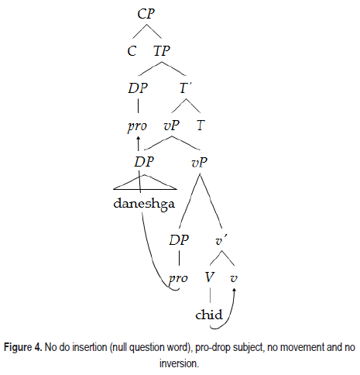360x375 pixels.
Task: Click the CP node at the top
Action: coord(146,13)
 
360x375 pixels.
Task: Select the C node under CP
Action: coord(132,51)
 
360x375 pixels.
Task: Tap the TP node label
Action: coord(162,50)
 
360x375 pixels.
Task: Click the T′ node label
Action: coord(185,88)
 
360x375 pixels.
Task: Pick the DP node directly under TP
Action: coord(138,88)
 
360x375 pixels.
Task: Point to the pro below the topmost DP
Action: coord(137,126)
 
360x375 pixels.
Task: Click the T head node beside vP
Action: coord(201,126)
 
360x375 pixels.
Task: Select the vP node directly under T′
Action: coord(171,126)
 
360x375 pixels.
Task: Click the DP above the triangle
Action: coord(144,162)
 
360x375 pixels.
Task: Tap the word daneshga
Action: coord(144,204)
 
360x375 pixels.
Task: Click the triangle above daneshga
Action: coord(145,182)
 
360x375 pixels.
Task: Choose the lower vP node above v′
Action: coord(200,162)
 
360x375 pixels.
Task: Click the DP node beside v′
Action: coord(179,240)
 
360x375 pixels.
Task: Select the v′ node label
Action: coord(221,241)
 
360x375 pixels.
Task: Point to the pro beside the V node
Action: coord(178,279)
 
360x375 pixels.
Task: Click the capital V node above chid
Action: coord(210,277)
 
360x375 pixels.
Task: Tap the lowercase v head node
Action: coord(234,278)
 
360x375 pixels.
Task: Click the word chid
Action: coord(209,315)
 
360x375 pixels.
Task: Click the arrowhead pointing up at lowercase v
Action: coord(235,291)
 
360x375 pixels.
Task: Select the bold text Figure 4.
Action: coord(22,347)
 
